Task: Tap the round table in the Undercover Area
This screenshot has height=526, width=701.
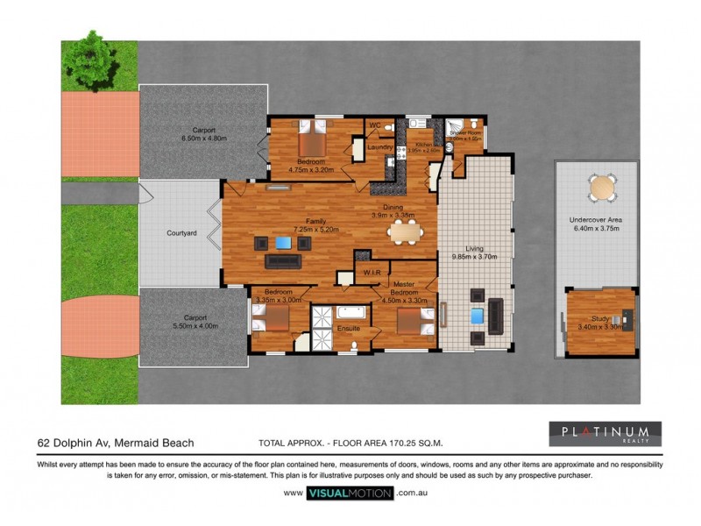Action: (x=602, y=188)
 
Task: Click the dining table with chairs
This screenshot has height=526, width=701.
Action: (x=404, y=231)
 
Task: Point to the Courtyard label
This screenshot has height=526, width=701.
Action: (x=181, y=233)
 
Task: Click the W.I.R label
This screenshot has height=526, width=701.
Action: (x=372, y=274)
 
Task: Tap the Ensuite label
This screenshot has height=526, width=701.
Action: (x=349, y=329)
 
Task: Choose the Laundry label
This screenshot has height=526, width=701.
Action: (x=379, y=146)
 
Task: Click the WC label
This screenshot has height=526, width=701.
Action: (x=375, y=125)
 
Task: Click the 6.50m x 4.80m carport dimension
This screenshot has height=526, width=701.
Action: (x=203, y=139)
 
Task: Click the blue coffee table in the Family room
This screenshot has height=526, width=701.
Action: (x=283, y=243)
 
